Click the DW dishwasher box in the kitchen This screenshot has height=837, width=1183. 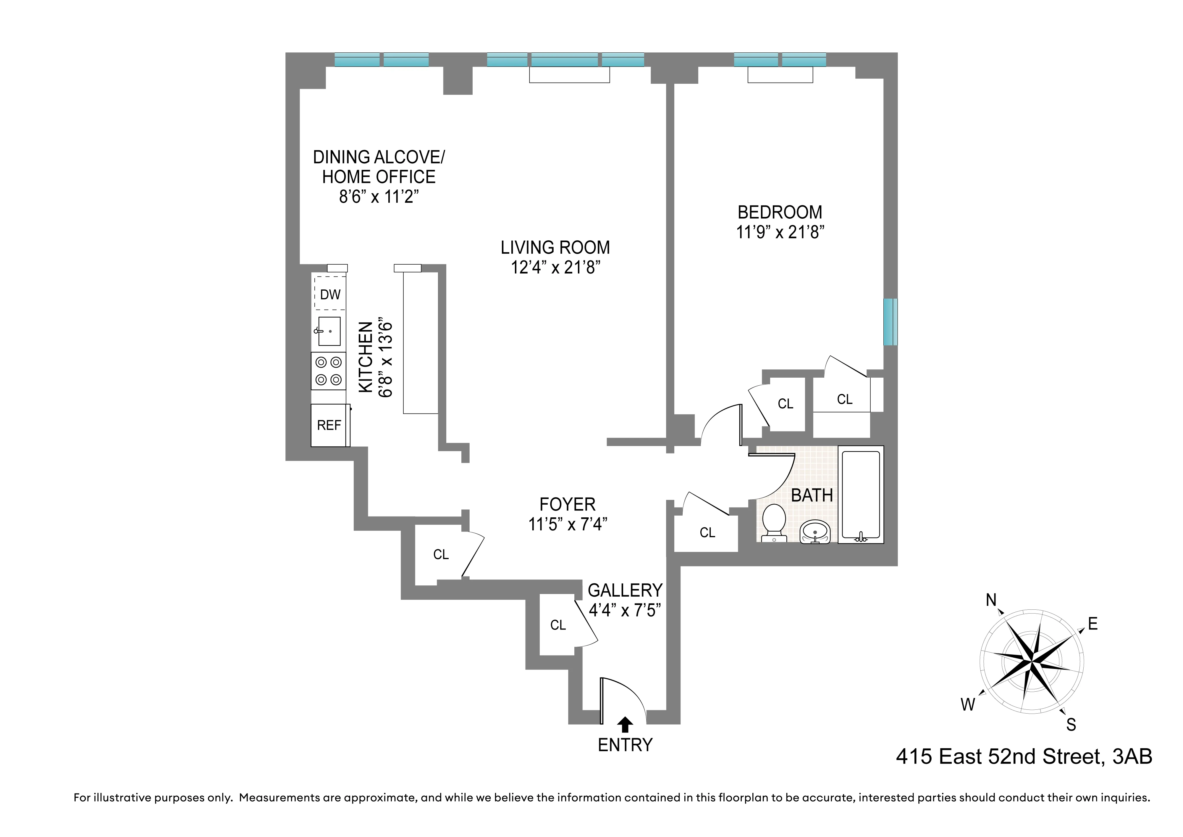coord(330,294)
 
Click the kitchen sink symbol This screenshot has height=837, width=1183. coord(329,331)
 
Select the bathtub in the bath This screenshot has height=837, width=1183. coord(860,494)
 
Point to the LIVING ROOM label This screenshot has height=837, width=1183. coord(555,247)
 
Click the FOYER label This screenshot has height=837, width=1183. coord(567,504)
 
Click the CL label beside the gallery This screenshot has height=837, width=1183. coord(558,625)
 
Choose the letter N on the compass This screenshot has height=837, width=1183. coord(991,600)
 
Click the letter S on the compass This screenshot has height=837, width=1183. coord(1071,725)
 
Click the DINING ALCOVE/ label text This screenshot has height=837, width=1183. coord(379,157)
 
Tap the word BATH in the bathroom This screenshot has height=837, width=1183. coord(812,495)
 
